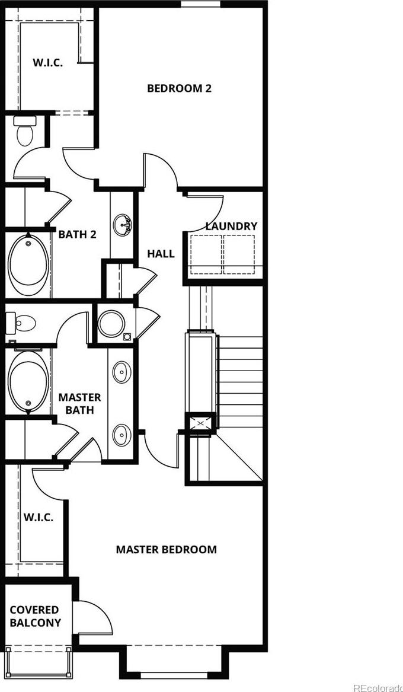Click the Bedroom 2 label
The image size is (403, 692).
(x=179, y=88)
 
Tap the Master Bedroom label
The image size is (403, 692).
(x=166, y=550)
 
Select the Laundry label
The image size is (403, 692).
(x=232, y=227)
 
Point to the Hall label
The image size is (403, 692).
(x=161, y=254)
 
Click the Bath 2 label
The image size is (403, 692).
(x=77, y=234)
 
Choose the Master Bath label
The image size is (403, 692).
(x=80, y=403)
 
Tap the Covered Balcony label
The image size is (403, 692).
(x=36, y=617)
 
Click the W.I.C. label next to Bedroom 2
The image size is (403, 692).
(x=47, y=62)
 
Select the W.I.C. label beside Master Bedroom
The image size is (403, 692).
(x=39, y=517)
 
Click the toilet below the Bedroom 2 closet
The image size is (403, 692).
(x=24, y=130)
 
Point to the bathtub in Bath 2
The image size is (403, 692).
(x=28, y=265)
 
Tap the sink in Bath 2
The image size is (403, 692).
(x=121, y=225)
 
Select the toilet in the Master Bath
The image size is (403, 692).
(x=21, y=324)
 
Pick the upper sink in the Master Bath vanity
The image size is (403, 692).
(x=121, y=372)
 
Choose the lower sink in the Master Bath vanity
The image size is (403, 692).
(x=121, y=435)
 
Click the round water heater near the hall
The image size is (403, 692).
(x=111, y=324)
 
